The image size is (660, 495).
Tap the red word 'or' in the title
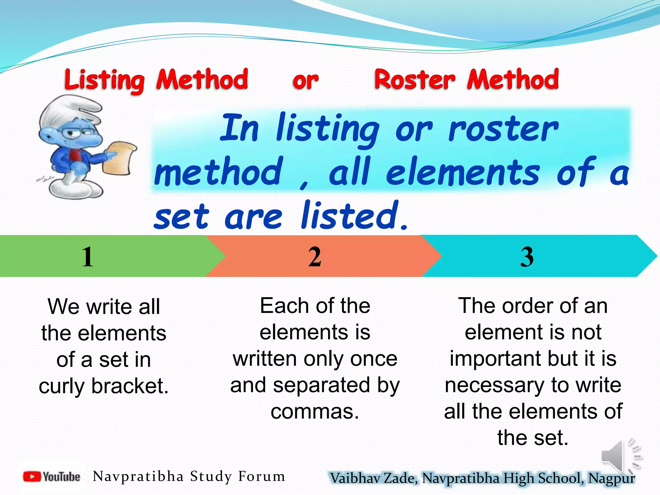click(306, 81)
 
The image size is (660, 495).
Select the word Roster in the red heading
click(415, 80)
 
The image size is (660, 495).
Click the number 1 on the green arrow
click(87, 257)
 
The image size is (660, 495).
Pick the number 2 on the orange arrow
click(315, 257)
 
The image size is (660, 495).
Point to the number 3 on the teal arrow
click(527, 257)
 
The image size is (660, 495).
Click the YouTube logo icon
click(32, 477)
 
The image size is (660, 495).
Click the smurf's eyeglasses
click(77, 132)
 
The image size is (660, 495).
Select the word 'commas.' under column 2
click(315, 412)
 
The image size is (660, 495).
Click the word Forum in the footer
click(261, 476)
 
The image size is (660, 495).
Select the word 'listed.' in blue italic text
click(354, 216)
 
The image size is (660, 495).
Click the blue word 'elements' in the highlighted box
click(462, 172)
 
